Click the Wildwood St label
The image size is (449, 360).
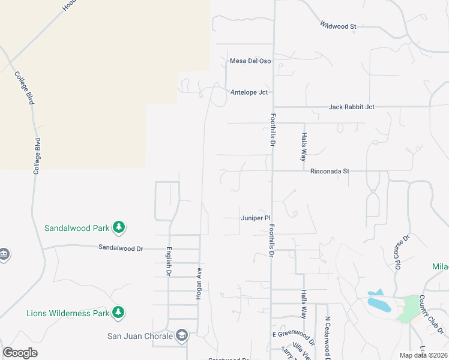338,26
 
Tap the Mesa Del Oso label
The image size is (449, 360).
250,61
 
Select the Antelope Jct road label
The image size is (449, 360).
249,92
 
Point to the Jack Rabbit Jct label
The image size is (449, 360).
351,107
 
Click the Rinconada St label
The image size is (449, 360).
330,171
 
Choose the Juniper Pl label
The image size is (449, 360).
256,218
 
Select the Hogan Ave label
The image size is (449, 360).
198,280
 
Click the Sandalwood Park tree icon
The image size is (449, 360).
119,227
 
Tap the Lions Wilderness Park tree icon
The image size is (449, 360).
119,312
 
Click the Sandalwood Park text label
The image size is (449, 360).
77,228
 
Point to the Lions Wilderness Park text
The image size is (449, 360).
68,313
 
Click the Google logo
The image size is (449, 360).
20,353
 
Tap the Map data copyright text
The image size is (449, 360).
423,355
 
